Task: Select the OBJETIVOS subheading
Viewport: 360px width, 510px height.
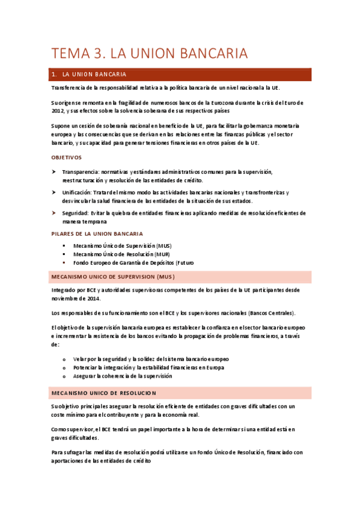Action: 66,158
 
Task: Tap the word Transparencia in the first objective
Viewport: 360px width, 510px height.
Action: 80,172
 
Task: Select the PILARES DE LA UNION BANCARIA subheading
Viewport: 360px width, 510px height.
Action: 97,233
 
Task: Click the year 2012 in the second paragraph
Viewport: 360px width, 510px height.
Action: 58,111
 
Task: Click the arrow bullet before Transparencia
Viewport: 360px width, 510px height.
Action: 55,172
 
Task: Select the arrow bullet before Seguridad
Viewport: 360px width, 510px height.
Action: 55,213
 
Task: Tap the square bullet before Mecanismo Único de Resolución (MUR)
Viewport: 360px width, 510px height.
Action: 63,254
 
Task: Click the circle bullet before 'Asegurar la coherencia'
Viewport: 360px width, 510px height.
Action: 64,376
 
